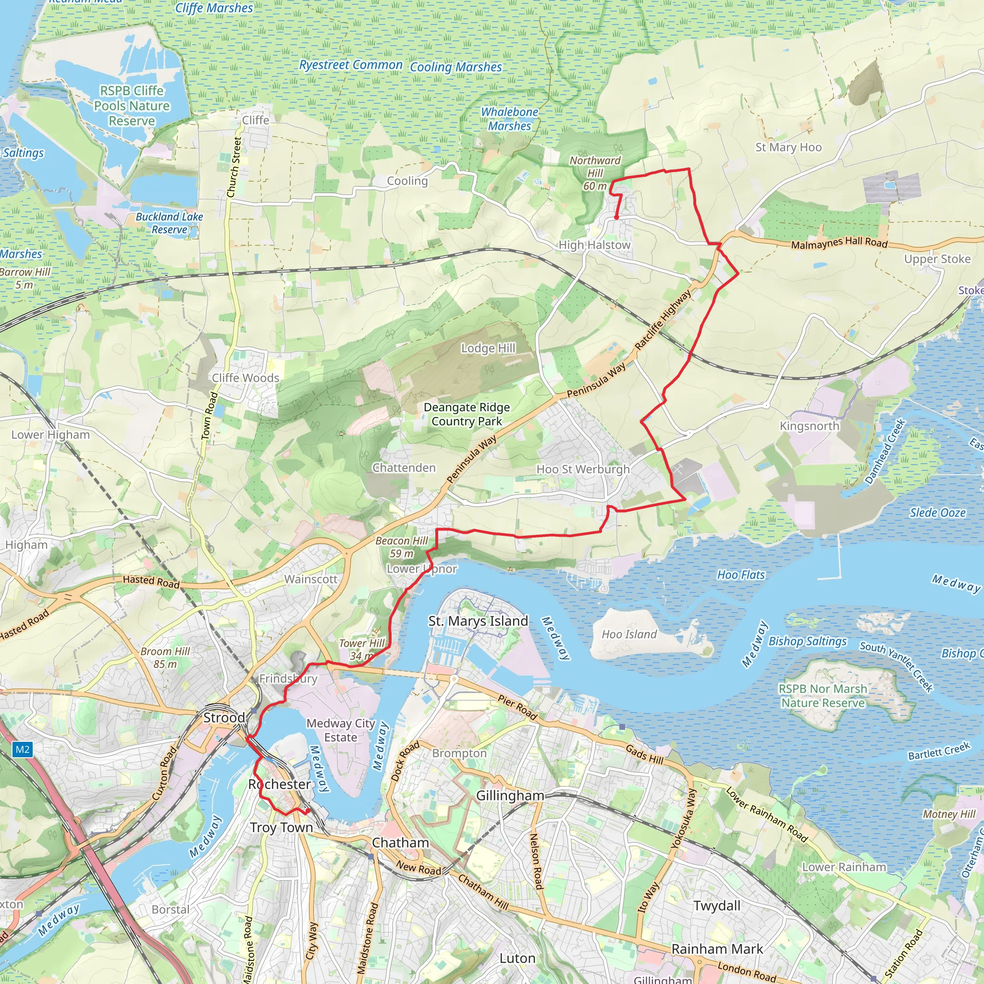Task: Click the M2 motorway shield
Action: click(23, 749)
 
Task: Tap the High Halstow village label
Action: click(594, 245)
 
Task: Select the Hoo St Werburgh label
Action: click(583, 469)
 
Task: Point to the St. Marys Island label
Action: click(478, 621)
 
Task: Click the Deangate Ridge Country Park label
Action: click(467, 414)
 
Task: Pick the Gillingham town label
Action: click(510, 796)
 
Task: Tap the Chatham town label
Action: click(400, 842)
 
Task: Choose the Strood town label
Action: click(224, 718)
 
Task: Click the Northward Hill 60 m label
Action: click(595, 173)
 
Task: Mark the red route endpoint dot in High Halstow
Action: click(616, 217)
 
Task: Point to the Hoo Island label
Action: click(629, 634)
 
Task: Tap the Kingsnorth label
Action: click(809, 426)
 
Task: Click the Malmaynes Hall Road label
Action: click(839, 243)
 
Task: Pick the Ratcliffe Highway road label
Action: click(663, 320)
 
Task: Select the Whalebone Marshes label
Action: click(509, 119)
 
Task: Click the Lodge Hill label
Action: click(488, 348)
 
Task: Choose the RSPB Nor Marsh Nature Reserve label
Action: click(823, 696)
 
